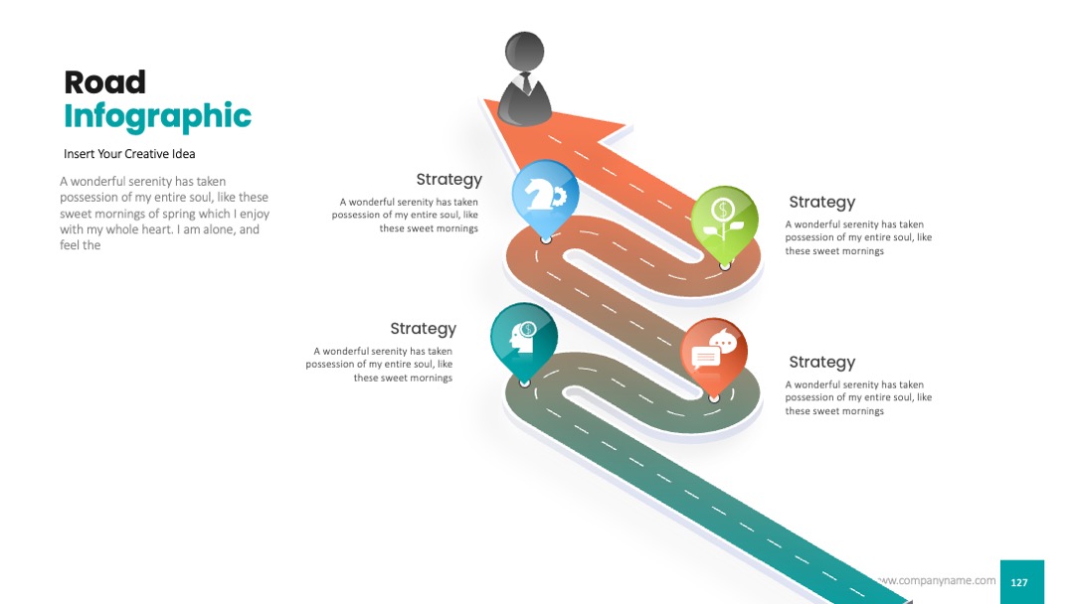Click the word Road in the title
click(104, 82)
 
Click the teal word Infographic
click(157, 116)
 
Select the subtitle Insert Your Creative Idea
click(129, 154)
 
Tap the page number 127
click(1019, 582)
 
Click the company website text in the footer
click(937, 580)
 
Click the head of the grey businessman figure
click(525, 52)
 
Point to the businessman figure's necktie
click(526, 84)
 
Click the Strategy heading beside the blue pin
click(449, 180)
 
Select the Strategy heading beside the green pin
click(822, 203)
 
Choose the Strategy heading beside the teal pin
click(424, 329)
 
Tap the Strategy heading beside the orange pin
click(822, 363)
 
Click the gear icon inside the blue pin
click(559, 197)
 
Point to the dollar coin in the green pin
click(723, 210)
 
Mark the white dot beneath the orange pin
click(714, 398)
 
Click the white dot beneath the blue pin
click(546, 239)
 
